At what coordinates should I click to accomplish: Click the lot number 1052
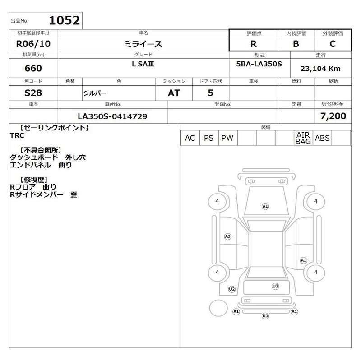[x=64, y=20]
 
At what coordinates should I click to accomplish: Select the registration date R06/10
[x=33, y=44]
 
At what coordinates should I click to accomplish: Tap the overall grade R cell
[x=254, y=44]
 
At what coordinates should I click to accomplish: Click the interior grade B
[x=296, y=44]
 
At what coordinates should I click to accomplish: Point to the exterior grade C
[x=333, y=44]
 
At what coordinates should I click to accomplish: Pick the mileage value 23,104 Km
[x=320, y=69]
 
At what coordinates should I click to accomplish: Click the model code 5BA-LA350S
[x=259, y=64]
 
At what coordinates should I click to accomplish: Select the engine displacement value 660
[x=33, y=68]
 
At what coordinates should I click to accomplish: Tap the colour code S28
[x=33, y=93]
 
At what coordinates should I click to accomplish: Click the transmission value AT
[x=174, y=93]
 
